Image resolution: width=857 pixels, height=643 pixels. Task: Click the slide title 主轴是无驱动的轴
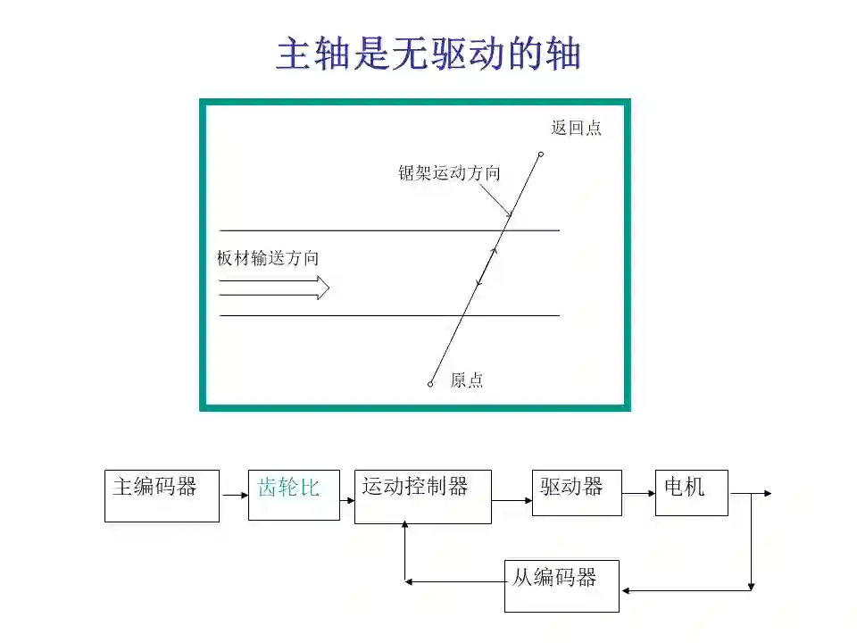428,54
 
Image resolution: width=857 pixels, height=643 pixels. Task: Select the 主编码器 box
162,496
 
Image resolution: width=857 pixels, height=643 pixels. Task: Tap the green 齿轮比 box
294,494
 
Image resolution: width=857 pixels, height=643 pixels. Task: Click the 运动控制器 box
422,497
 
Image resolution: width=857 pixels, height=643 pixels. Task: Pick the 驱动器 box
577,492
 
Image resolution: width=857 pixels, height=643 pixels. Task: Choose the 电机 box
691,492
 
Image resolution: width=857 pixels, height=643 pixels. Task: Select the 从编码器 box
562,586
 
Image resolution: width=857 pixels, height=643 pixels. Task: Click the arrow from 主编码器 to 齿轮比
234,494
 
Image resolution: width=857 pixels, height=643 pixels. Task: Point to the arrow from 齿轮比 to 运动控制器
347,501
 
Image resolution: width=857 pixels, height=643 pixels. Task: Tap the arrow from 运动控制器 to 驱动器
512,501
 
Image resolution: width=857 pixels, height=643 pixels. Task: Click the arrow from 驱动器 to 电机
638,492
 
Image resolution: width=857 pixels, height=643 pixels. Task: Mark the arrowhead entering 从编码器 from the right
626,590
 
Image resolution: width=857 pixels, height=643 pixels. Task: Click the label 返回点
576,128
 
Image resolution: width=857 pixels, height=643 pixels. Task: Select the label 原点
466,380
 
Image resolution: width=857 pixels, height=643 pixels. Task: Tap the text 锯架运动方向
449,173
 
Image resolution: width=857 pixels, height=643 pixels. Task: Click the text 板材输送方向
268,258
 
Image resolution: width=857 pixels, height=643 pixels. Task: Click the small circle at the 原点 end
430,384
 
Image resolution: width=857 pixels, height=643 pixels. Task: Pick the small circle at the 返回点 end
540,155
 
